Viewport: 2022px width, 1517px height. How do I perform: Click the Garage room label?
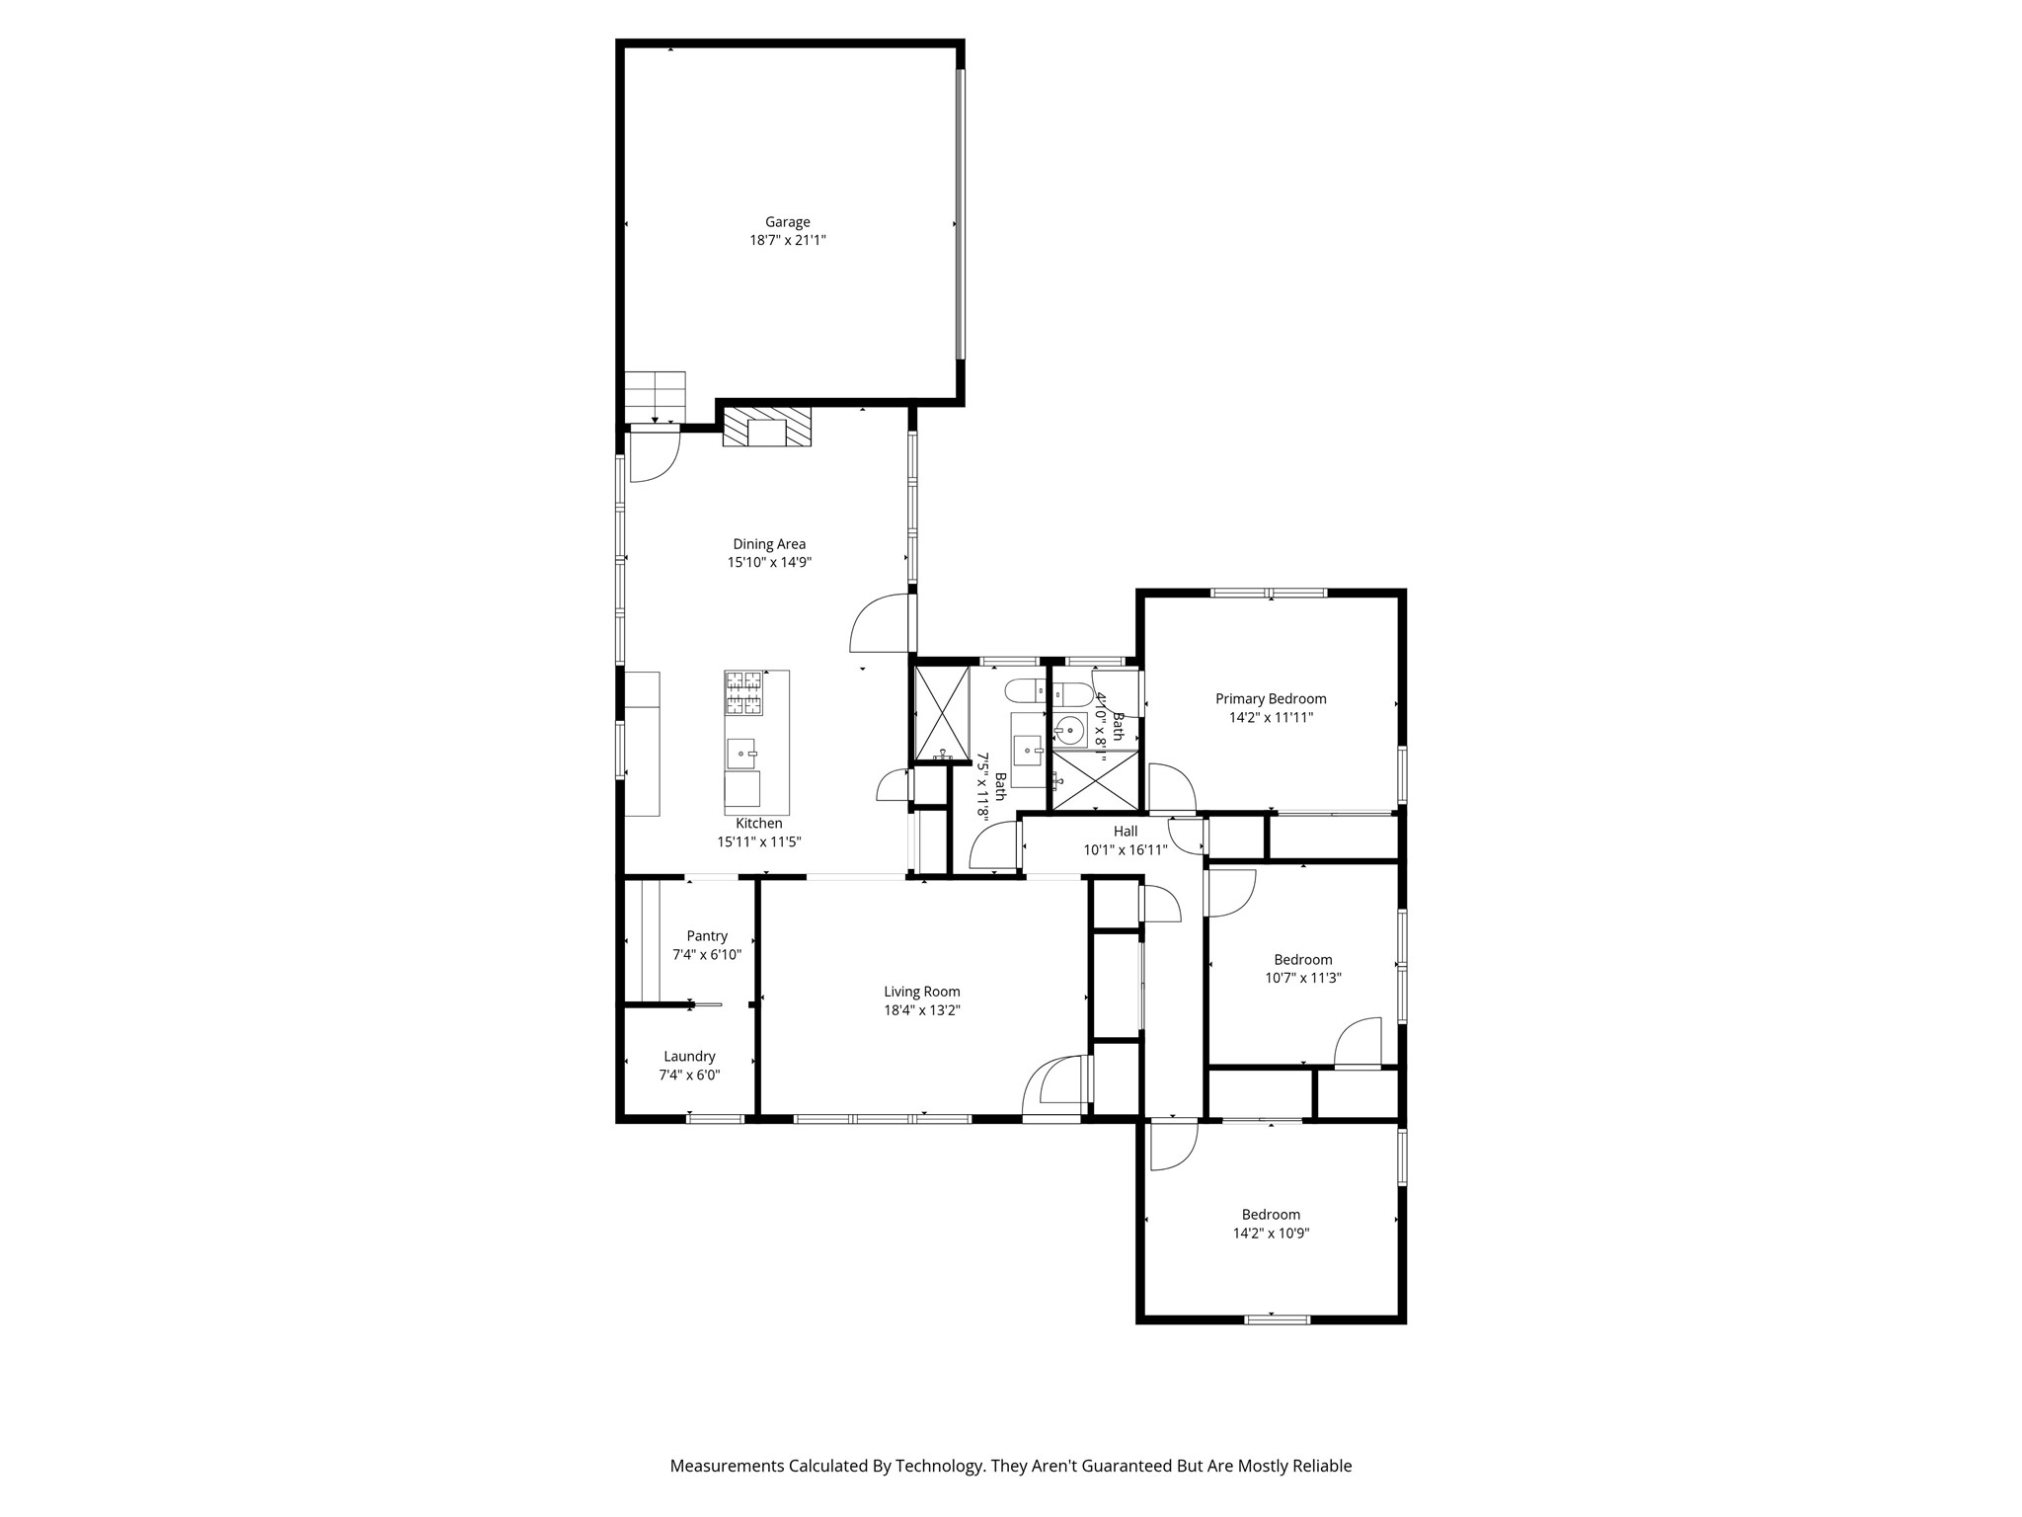coord(787,222)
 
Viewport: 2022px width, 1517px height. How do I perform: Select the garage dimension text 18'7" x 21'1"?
coord(787,240)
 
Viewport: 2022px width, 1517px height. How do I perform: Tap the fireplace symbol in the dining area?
coord(767,428)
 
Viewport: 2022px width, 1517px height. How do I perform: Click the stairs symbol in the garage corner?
coord(655,396)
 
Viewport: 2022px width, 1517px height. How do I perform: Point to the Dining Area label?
coord(768,544)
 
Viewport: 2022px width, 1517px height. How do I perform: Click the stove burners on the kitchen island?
coord(744,692)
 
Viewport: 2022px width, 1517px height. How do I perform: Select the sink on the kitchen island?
coord(740,754)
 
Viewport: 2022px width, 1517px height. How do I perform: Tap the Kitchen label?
coord(758,824)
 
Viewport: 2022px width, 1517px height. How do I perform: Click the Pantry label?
coord(707,936)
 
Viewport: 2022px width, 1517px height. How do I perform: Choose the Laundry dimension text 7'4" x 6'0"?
coord(689,1075)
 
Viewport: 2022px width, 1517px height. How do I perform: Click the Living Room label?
coord(921,992)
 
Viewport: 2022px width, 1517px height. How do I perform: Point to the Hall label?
coord(1126,832)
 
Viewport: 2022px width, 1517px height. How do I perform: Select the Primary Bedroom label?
coord(1271,699)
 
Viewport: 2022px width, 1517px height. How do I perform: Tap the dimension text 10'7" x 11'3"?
coord(1303,978)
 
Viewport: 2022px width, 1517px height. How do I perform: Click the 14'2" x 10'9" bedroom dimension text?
coord(1271,1233)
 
